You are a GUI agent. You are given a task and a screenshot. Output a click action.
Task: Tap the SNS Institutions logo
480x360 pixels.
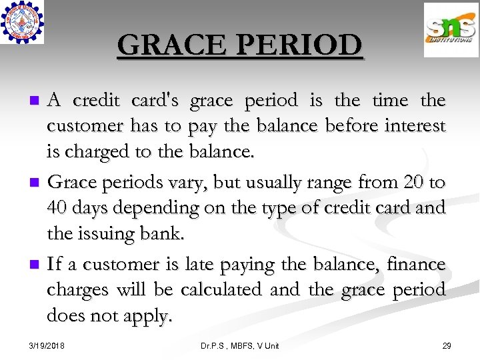tap(451, 30)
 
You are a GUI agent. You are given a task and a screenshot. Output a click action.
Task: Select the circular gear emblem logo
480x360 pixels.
tap(22, 22)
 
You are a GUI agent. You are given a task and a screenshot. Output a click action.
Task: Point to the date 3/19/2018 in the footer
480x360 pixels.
tap(48, 345)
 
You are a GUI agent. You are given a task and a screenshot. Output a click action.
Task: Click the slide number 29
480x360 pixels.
tap(446, 345)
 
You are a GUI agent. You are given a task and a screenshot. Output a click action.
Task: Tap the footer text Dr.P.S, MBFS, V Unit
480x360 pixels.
tap(240, 345)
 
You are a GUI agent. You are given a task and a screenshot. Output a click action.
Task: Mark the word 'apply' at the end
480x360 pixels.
tap(147, 316)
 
